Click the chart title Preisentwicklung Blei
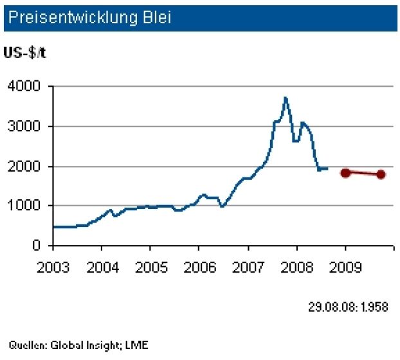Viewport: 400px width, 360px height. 85,18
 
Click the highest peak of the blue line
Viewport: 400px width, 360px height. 286,98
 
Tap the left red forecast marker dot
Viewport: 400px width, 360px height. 345,172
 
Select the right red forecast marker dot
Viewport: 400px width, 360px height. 381,174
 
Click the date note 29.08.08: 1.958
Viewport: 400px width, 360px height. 347,307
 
